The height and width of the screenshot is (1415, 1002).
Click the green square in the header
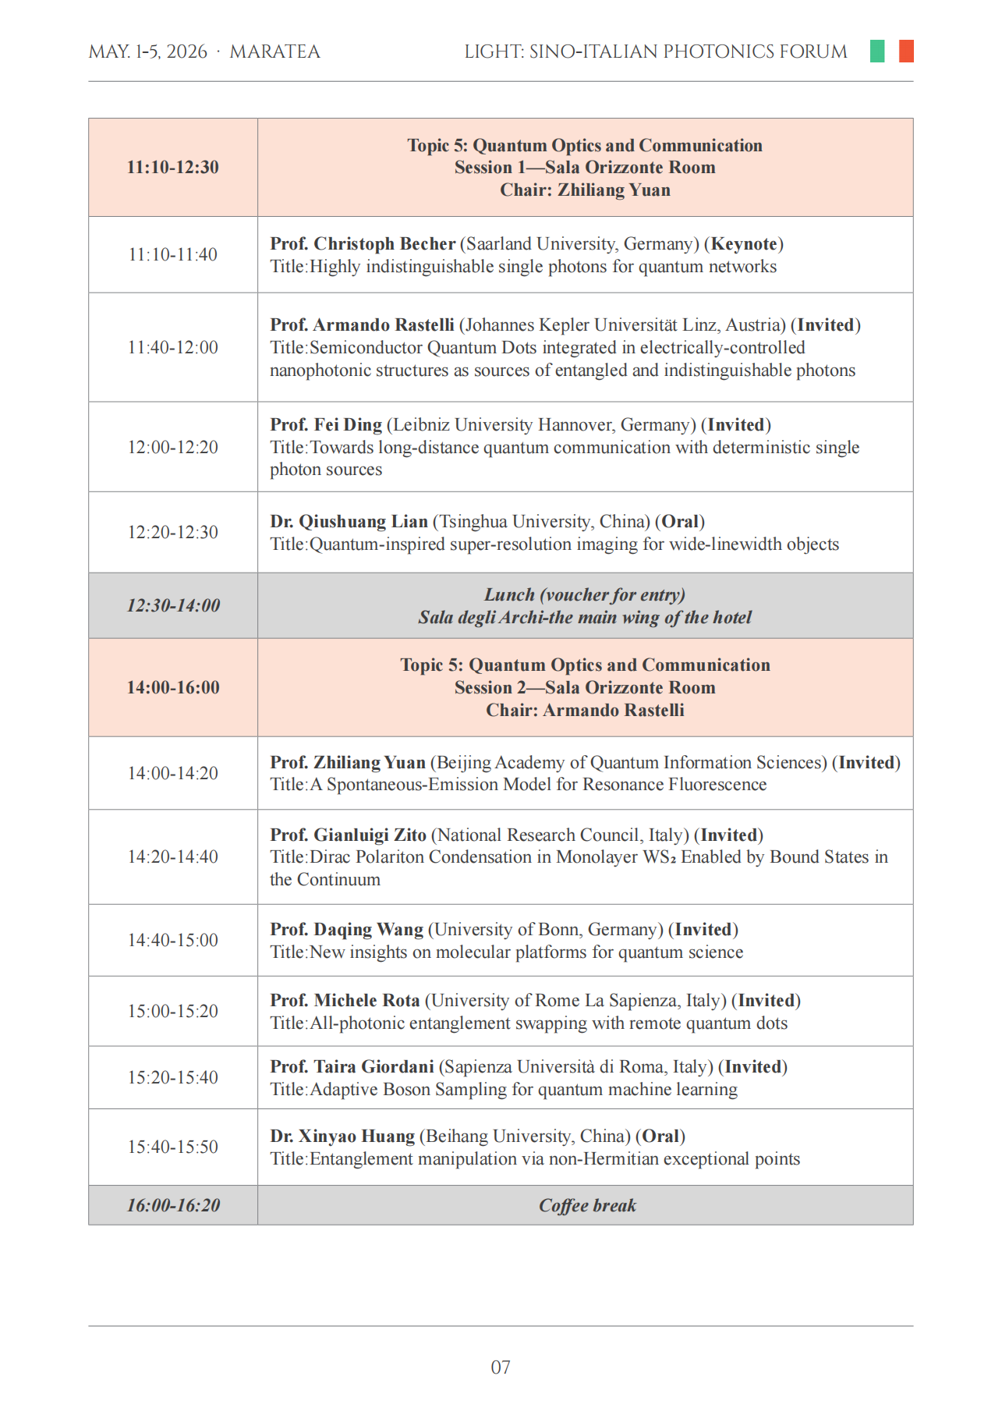point(877,51)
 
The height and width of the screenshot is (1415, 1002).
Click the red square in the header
point(905,51)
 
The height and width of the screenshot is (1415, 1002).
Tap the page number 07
point(501,1367)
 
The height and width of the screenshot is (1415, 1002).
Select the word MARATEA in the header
point(274,52)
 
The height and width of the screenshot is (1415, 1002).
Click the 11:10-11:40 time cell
point(173,255)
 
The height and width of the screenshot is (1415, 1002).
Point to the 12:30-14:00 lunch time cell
point(173,605)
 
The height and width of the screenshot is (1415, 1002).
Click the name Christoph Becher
point(384,244)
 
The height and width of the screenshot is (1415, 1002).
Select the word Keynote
point(744,244)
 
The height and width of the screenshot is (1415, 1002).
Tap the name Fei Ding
point(348,425)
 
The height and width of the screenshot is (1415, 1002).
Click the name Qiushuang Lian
point(363,522)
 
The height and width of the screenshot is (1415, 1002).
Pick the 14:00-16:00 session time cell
point(173,687)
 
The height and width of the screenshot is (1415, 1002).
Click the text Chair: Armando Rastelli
point(585,710)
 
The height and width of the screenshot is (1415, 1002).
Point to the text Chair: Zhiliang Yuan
point(585,190)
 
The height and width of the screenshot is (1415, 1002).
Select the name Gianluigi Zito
point(370,835)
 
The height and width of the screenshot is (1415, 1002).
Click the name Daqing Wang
point(368,930)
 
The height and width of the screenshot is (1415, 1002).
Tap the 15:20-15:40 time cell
point(173,1077)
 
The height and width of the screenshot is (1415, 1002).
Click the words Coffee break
point(587,1206)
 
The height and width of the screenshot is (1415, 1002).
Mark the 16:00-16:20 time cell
point(173,1206)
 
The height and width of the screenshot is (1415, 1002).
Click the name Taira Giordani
point(374,1067)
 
